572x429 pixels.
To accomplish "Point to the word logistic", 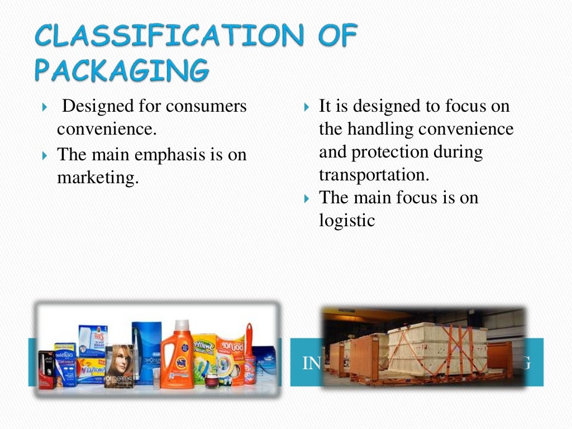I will pos(346,220).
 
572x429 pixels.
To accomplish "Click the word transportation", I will pos(374,175).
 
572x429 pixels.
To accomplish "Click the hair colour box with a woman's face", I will pos(119,366).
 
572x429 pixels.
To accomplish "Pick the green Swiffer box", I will pos(204,357).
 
